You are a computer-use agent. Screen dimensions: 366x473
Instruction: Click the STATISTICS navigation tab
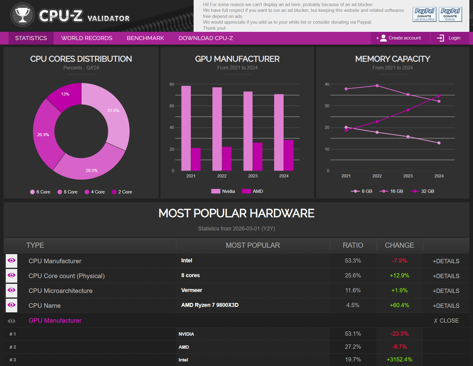(x=31, y=38)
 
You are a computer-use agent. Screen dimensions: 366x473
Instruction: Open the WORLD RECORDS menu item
(x=87, y=38)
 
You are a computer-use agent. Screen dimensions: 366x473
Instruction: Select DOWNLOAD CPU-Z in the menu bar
(x=206, y=38)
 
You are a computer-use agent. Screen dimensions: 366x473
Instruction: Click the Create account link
(x=400, y=38)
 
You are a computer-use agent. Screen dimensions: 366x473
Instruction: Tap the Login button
(x=449, y=38)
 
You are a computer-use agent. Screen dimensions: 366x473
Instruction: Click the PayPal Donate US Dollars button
(x=424, y=14)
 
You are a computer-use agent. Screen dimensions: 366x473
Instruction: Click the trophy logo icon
(x=22, y=15)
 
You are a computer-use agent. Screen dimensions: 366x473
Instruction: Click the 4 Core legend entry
(x=95, y=192)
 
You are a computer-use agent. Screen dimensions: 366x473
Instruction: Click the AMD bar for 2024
(x=289, y=155)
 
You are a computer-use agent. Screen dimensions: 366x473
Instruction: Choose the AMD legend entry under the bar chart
(x=253, y=191)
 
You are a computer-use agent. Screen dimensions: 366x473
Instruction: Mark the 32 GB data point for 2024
(x=439, y=96)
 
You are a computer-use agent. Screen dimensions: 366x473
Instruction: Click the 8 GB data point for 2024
(x=439, y=143)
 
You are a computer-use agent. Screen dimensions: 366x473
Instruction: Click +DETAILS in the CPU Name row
(x=446, y=306)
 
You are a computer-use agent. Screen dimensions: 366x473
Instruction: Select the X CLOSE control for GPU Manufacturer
(x=446, y=321)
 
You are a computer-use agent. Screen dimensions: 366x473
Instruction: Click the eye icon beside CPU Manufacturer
(x=12, y=260)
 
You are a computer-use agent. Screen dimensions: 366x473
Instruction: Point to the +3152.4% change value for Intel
(x=399, y=360)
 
